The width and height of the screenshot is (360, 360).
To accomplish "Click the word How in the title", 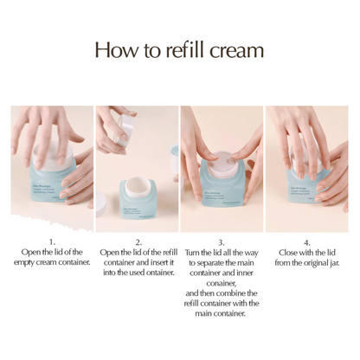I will pyautogui.click(x=116, y=49).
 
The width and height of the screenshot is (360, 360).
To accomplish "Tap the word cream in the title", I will pyautogui.click(x=235, y=50).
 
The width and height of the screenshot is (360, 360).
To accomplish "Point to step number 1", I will pyautogui.click(x=52, y=242).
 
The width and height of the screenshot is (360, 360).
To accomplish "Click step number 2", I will pyautogui.click(x=138, y=242).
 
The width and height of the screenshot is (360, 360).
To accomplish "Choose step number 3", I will pyautogui.click(x=222, y=242).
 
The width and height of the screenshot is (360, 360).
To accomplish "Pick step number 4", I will pyautogui.click(x=307, y=242).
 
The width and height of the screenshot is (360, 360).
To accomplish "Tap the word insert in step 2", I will pyautogui.click(x=157, y=262).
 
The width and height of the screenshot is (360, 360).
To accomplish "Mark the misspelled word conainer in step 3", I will pyautogui.click(x=222, y=283).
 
